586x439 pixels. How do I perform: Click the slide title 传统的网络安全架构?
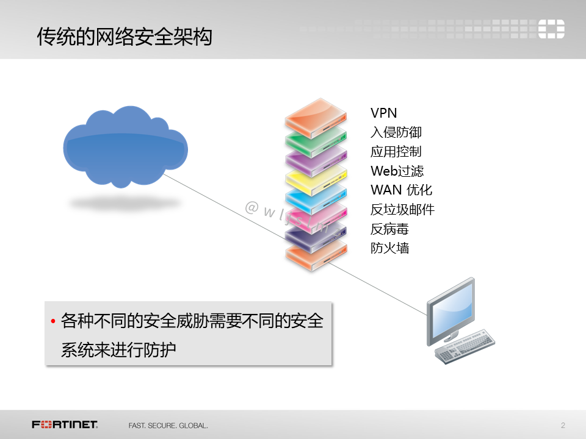pyautogui.click(x=125, y=37)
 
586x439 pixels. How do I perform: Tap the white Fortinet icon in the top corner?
pyautogui.click(x=551, y=29)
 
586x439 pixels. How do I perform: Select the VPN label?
pyautogui.click(x=384, y=113)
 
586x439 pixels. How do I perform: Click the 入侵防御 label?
pyautogui.click(x=396, y=132)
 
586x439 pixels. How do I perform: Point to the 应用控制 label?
pyautogui.click(x=396, y=152)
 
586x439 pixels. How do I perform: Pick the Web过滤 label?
pyautogui.click(x=397, y=171)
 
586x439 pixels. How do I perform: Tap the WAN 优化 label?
pyautogui.click(x=401, y=190)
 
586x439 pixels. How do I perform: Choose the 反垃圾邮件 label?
pyautogui.click(x=402, y=210)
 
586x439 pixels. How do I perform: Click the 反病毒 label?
pyautogui.click(x=389, y=229)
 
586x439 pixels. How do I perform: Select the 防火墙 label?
pyautogui.click(x=389, y=248)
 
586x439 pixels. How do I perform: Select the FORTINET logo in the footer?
pyautogui.click(x=65, y=424)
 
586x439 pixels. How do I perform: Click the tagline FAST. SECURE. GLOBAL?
pyautogui.click(x=168, y=425)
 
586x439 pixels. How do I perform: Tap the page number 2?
pyautogui.click(x=563, y=424)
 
